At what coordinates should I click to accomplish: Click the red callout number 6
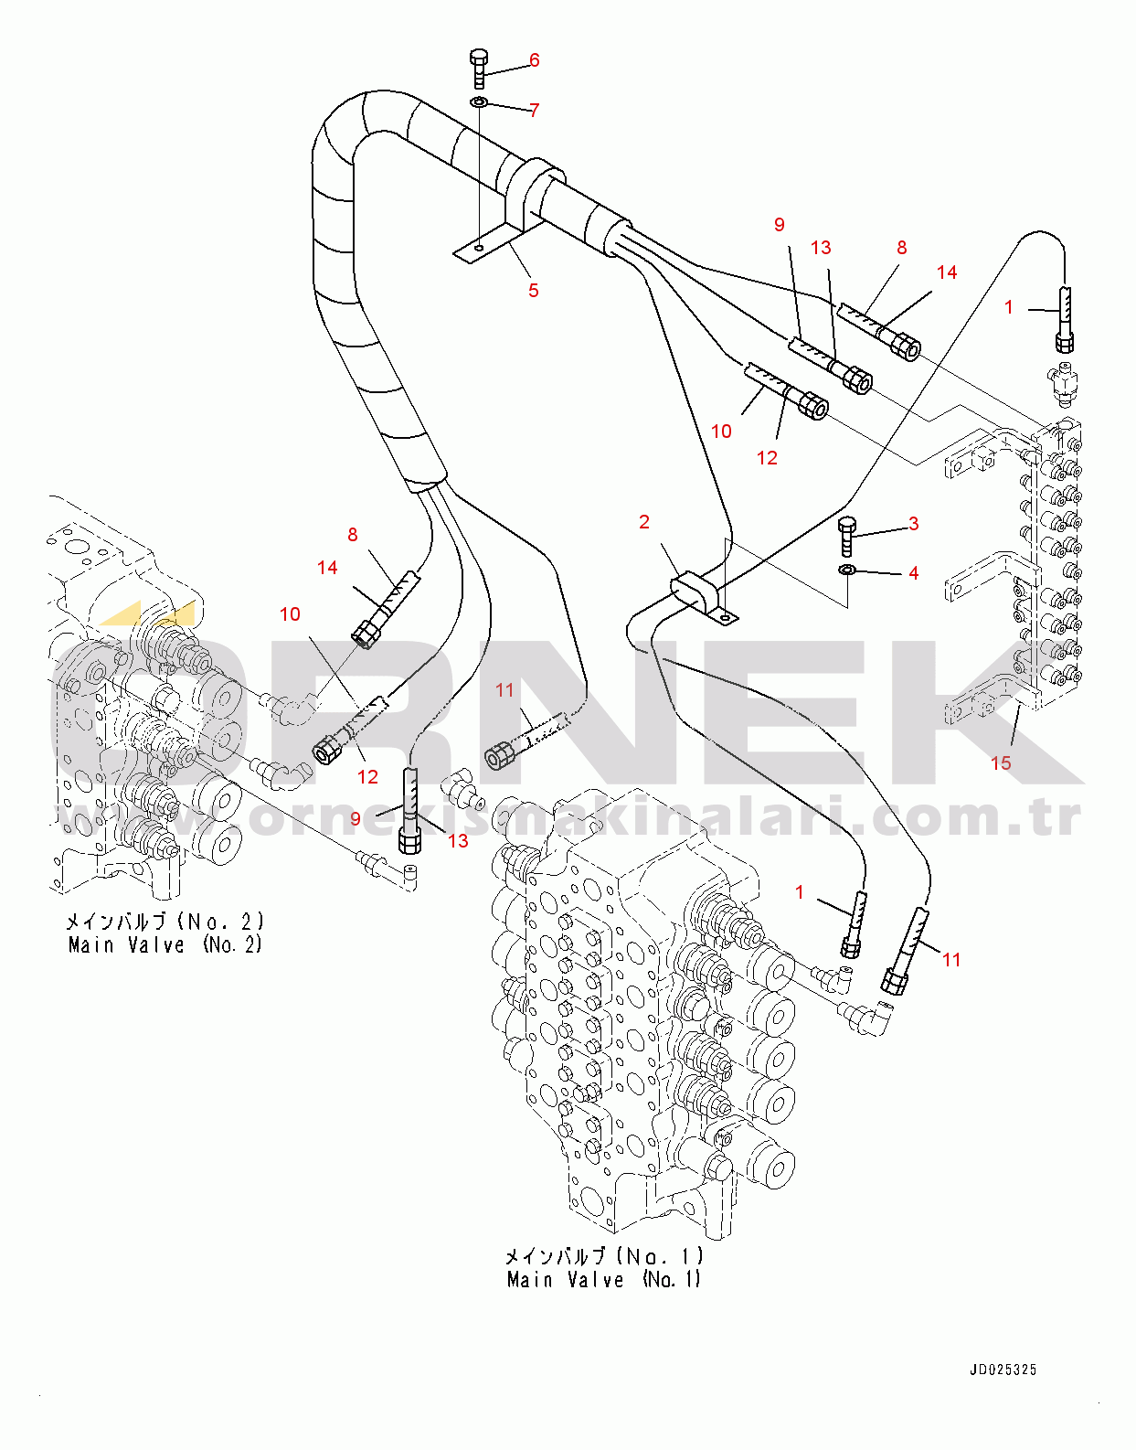point(535,60)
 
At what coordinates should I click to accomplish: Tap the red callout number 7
point(535,110)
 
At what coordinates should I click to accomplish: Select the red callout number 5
point(534,290)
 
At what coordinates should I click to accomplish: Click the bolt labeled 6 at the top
point(479,68)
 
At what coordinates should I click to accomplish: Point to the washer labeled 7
point(479,102)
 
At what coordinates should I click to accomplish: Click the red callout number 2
point(644,522)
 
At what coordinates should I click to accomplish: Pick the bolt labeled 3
point(845,536)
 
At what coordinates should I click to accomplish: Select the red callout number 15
point(1001,762)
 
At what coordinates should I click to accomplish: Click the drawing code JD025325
point(1003,1370)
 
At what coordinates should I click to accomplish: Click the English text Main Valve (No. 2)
point(165,944)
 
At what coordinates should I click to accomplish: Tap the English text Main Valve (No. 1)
point(604,1280)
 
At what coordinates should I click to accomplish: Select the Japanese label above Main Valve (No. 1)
point(604,1256)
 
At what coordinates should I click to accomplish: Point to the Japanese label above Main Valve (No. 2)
point(165,922)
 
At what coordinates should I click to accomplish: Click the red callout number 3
point(914,524)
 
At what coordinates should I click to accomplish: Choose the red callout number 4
point(914,572)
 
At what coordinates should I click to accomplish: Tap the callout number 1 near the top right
point(1009,307)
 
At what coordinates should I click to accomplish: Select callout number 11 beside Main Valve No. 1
point(951,960)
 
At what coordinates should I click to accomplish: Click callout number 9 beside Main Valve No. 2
point(356,818)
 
